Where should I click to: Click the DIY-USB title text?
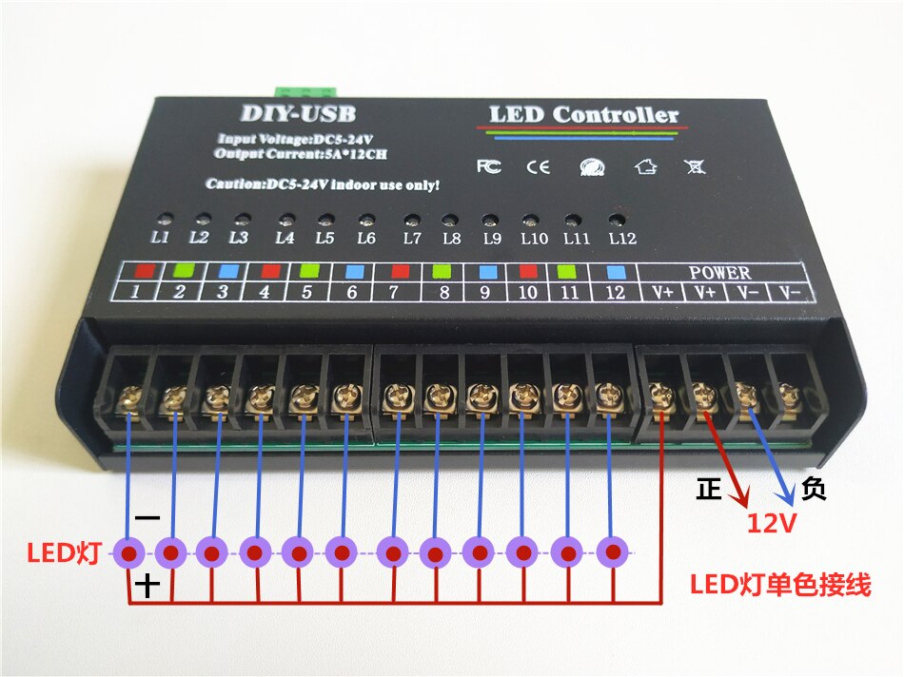point(298,113)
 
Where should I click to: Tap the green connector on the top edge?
point(306,91)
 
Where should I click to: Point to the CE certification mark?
point(539,167)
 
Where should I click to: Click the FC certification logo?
point(489,166)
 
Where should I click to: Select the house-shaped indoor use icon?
point(646,166)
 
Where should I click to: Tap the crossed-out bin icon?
point(695,167)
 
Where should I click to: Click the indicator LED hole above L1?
point(165,219)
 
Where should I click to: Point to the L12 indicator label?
point(622,238)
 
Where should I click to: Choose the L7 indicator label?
point(412,238)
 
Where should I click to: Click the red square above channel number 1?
point(145,270)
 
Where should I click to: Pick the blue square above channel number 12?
point(617,271)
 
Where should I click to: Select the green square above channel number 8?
point(442,271)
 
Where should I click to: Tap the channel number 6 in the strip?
point(352,292)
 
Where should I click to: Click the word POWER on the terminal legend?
point(720,273)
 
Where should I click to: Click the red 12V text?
point(772,523)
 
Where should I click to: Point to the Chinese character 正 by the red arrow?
point(709,489)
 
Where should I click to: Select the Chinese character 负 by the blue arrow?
point(814,489)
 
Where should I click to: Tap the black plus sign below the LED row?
point(147,586)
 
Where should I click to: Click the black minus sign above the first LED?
point(147,518)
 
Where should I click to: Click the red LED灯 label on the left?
point(64,553)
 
